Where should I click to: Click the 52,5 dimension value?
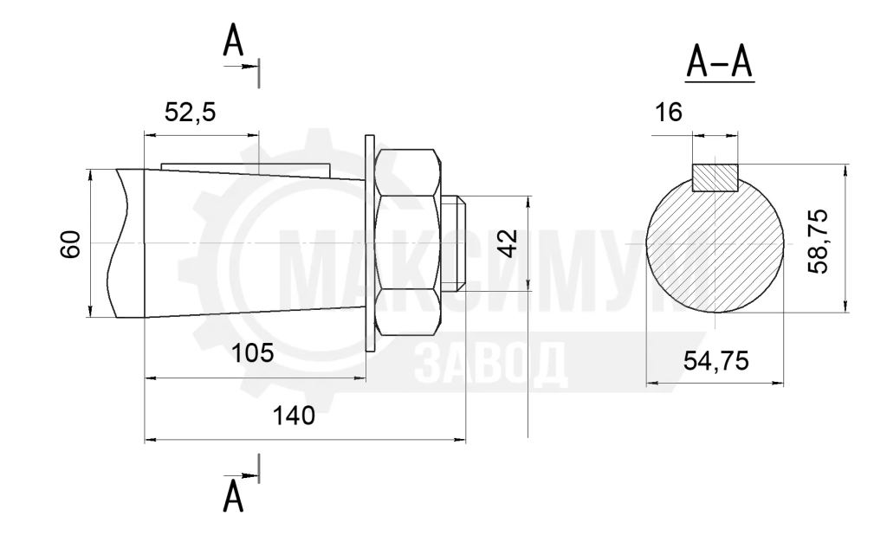[x=190, y=113]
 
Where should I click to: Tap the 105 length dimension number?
[x=252, y=353]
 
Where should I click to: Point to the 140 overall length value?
[x=294, y=416]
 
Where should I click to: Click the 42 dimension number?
[x=509, y=243]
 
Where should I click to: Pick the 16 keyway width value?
[x=669, y=113]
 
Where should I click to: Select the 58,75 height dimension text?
[x=818, y=242]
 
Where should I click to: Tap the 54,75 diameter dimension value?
[x=715, y=360]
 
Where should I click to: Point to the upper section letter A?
[x=233, y=41]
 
